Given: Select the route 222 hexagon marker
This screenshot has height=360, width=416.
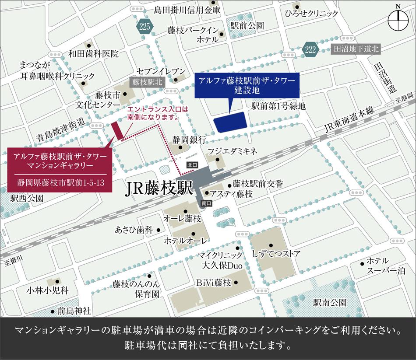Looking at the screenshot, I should (x=310, y=49).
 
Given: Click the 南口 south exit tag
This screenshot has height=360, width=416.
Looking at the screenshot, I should (x=207, y=203).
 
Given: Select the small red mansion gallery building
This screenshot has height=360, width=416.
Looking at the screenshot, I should (x=117, y=130).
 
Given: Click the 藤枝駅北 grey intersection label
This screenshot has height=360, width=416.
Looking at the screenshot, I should (x=146, y=81).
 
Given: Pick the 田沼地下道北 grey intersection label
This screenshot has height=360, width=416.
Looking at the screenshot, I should (x=356, y=49).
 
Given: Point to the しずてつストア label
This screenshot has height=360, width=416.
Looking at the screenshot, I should (x=276, y=253).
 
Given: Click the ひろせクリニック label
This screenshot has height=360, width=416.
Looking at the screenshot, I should (x=317, y=14).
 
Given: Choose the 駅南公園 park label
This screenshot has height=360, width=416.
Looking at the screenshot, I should (x=330, y=302).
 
